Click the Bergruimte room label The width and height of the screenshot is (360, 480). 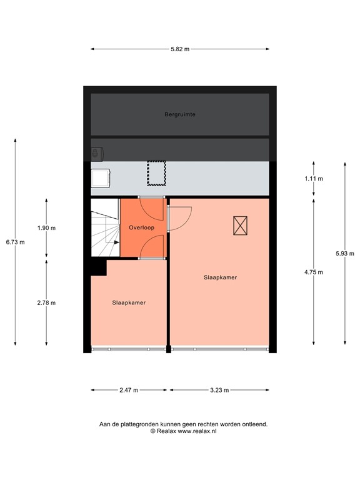pyautogui.click(x=180, y=114)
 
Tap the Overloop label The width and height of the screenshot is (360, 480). pyautogui.click(x=141, y=227)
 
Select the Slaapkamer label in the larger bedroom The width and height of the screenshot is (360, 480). pyautogui.click(x=220, y=277)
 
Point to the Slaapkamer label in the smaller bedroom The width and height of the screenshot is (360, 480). pyautogui.click(x=129, y=302)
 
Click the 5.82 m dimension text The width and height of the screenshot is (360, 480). pyautogui.click(x=180, y=48)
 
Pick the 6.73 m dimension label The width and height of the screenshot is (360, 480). pyautogui.click(x=15, y=242)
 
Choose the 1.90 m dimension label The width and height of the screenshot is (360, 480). pyautogui.click(x=46, y=228)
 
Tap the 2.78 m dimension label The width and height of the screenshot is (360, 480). pyautogui.click(x=46, y=302)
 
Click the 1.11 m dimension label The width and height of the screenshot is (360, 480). pyautogui.click(x=314, y=179)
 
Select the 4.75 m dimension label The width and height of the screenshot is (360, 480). pyautogui.click(x=314, y=272)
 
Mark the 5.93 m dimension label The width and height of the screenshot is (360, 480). pyautogui.click(x=345, y=253)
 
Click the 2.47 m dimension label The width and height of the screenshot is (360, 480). pyautogui.click(x=129, y=390)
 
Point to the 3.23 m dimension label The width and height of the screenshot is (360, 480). pyautogui.click(x=219, y=390)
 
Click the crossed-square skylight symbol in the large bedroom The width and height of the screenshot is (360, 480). pyautogui.click(x=240, y=225)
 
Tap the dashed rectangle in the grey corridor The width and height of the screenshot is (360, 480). pyautogui.click(x=154, y=173)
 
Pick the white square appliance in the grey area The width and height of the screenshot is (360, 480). pyautogui.click(x=101, y=177)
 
